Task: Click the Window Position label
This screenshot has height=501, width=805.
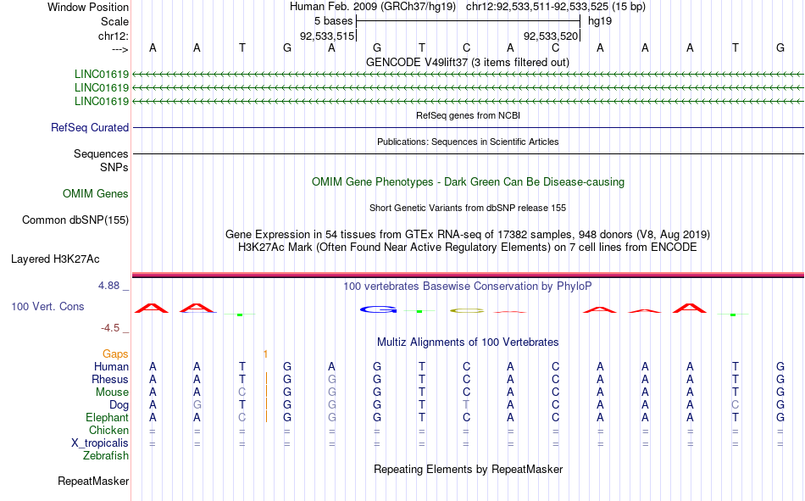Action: (x=88, y=7)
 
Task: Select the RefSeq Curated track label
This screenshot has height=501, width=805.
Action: (x=90, y=127)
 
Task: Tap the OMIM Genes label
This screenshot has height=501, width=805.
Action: (x=96, y=194)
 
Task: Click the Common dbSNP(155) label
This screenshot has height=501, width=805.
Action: (x=75, y=220)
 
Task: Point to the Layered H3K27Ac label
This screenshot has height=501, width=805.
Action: (x=55, y=259)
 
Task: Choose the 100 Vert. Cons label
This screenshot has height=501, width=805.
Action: (x=47, y=306)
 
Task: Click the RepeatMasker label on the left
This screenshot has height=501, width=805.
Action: (x=93, y=481)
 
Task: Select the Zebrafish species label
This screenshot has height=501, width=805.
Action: (x=106, y=456)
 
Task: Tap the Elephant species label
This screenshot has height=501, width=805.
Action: (x=108, y=417)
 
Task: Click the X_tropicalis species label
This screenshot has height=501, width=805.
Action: (x=100, y=443)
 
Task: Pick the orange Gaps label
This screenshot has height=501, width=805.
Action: (x=115, y=354)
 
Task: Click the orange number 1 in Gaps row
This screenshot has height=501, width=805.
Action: (x=265, y=354)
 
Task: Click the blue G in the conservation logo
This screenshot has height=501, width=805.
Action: (x=379, y=309)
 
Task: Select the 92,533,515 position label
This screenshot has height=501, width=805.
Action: (x=327, y=36)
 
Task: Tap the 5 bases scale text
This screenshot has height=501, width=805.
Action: (x=334, y=21)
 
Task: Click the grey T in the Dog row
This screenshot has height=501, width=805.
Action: (x=466, y=405)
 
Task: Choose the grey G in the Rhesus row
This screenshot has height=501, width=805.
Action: (x=331, y=379)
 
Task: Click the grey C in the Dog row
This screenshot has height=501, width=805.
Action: (x=736, y=405)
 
